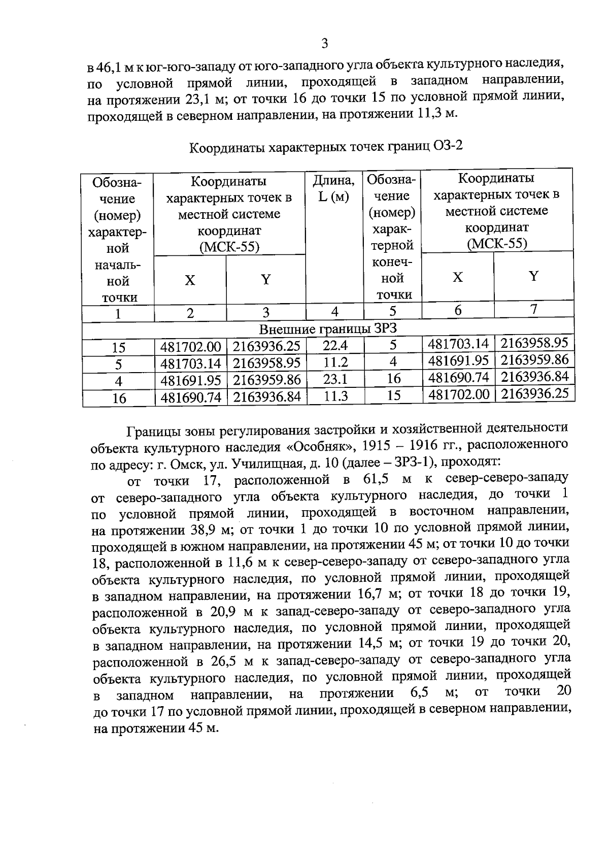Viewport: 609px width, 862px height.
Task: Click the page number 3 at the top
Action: [x=324, y=44]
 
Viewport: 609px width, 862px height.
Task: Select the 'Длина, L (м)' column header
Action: [x=333, y=188]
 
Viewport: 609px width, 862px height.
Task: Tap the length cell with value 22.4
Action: [x=335, y=346]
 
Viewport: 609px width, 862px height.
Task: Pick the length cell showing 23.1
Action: [x=335, y=379]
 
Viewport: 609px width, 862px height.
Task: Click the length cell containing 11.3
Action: [x=335, y=396]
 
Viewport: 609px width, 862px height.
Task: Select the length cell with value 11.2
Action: [x=335, y=362]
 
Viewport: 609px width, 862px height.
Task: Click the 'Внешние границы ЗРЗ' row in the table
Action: [x=327, y=329]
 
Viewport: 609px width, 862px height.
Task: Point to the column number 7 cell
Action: [x=533, y=309]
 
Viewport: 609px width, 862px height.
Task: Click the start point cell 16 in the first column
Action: [x=119, y=398]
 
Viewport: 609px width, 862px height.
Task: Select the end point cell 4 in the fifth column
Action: [x=393, y=361]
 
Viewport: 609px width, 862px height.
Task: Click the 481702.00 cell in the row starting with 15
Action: [x=191, y=347]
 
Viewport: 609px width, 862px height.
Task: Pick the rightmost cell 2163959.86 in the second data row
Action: [x=534, y=360]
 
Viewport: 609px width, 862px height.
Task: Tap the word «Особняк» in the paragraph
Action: [x=317, y=447]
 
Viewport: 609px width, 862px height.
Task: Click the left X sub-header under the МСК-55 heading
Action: [x=190, y=280]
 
